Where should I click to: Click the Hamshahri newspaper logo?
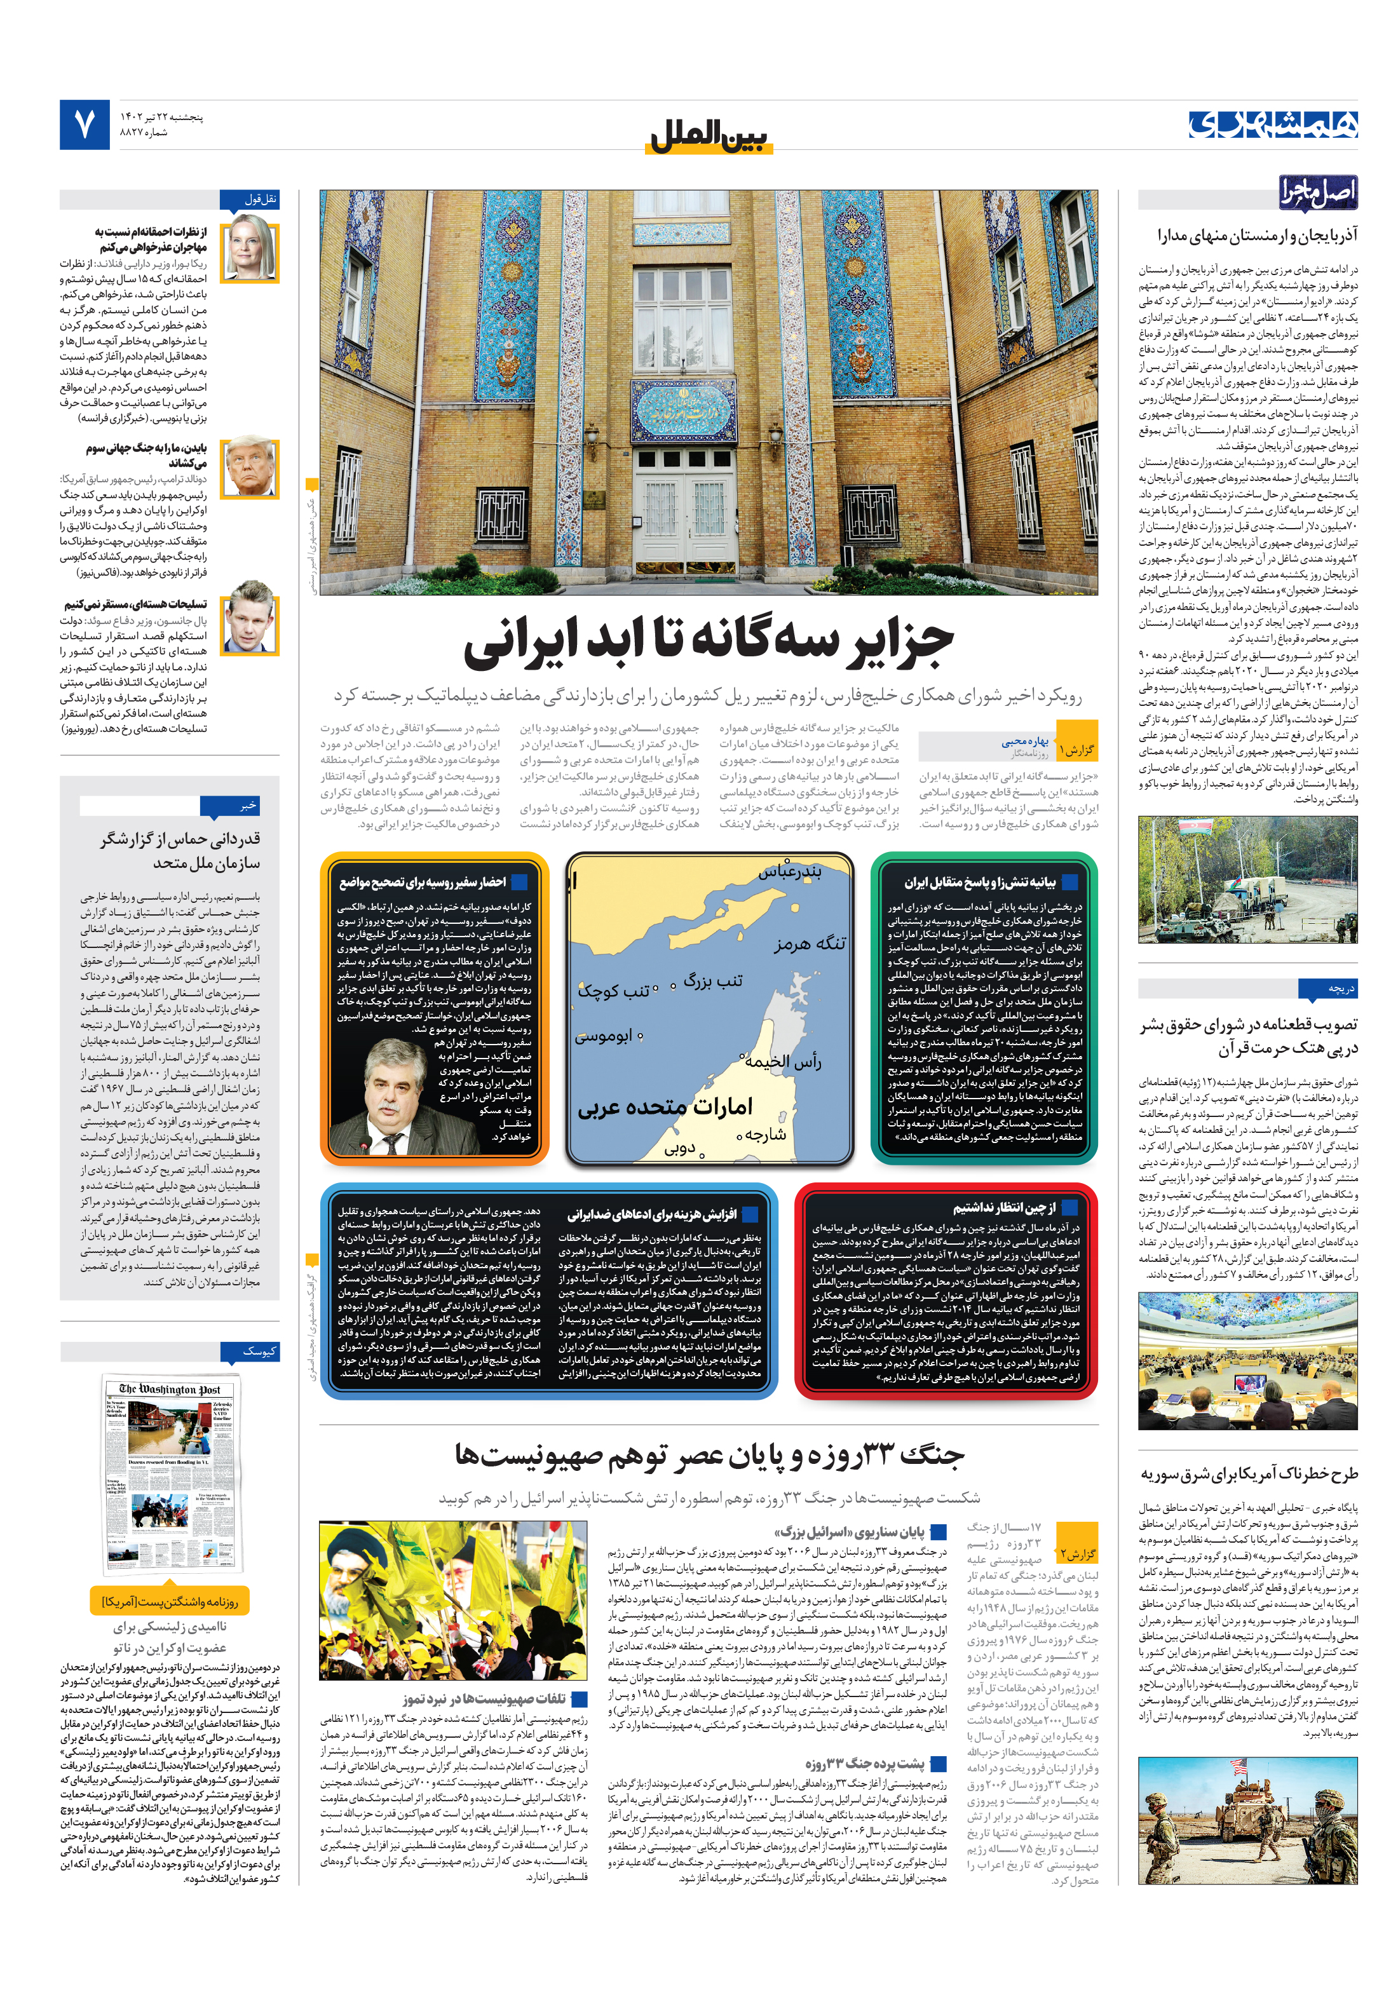(1273, 125)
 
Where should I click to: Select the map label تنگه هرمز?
(809, 943)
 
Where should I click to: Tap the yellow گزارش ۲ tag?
(1077, 1554)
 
